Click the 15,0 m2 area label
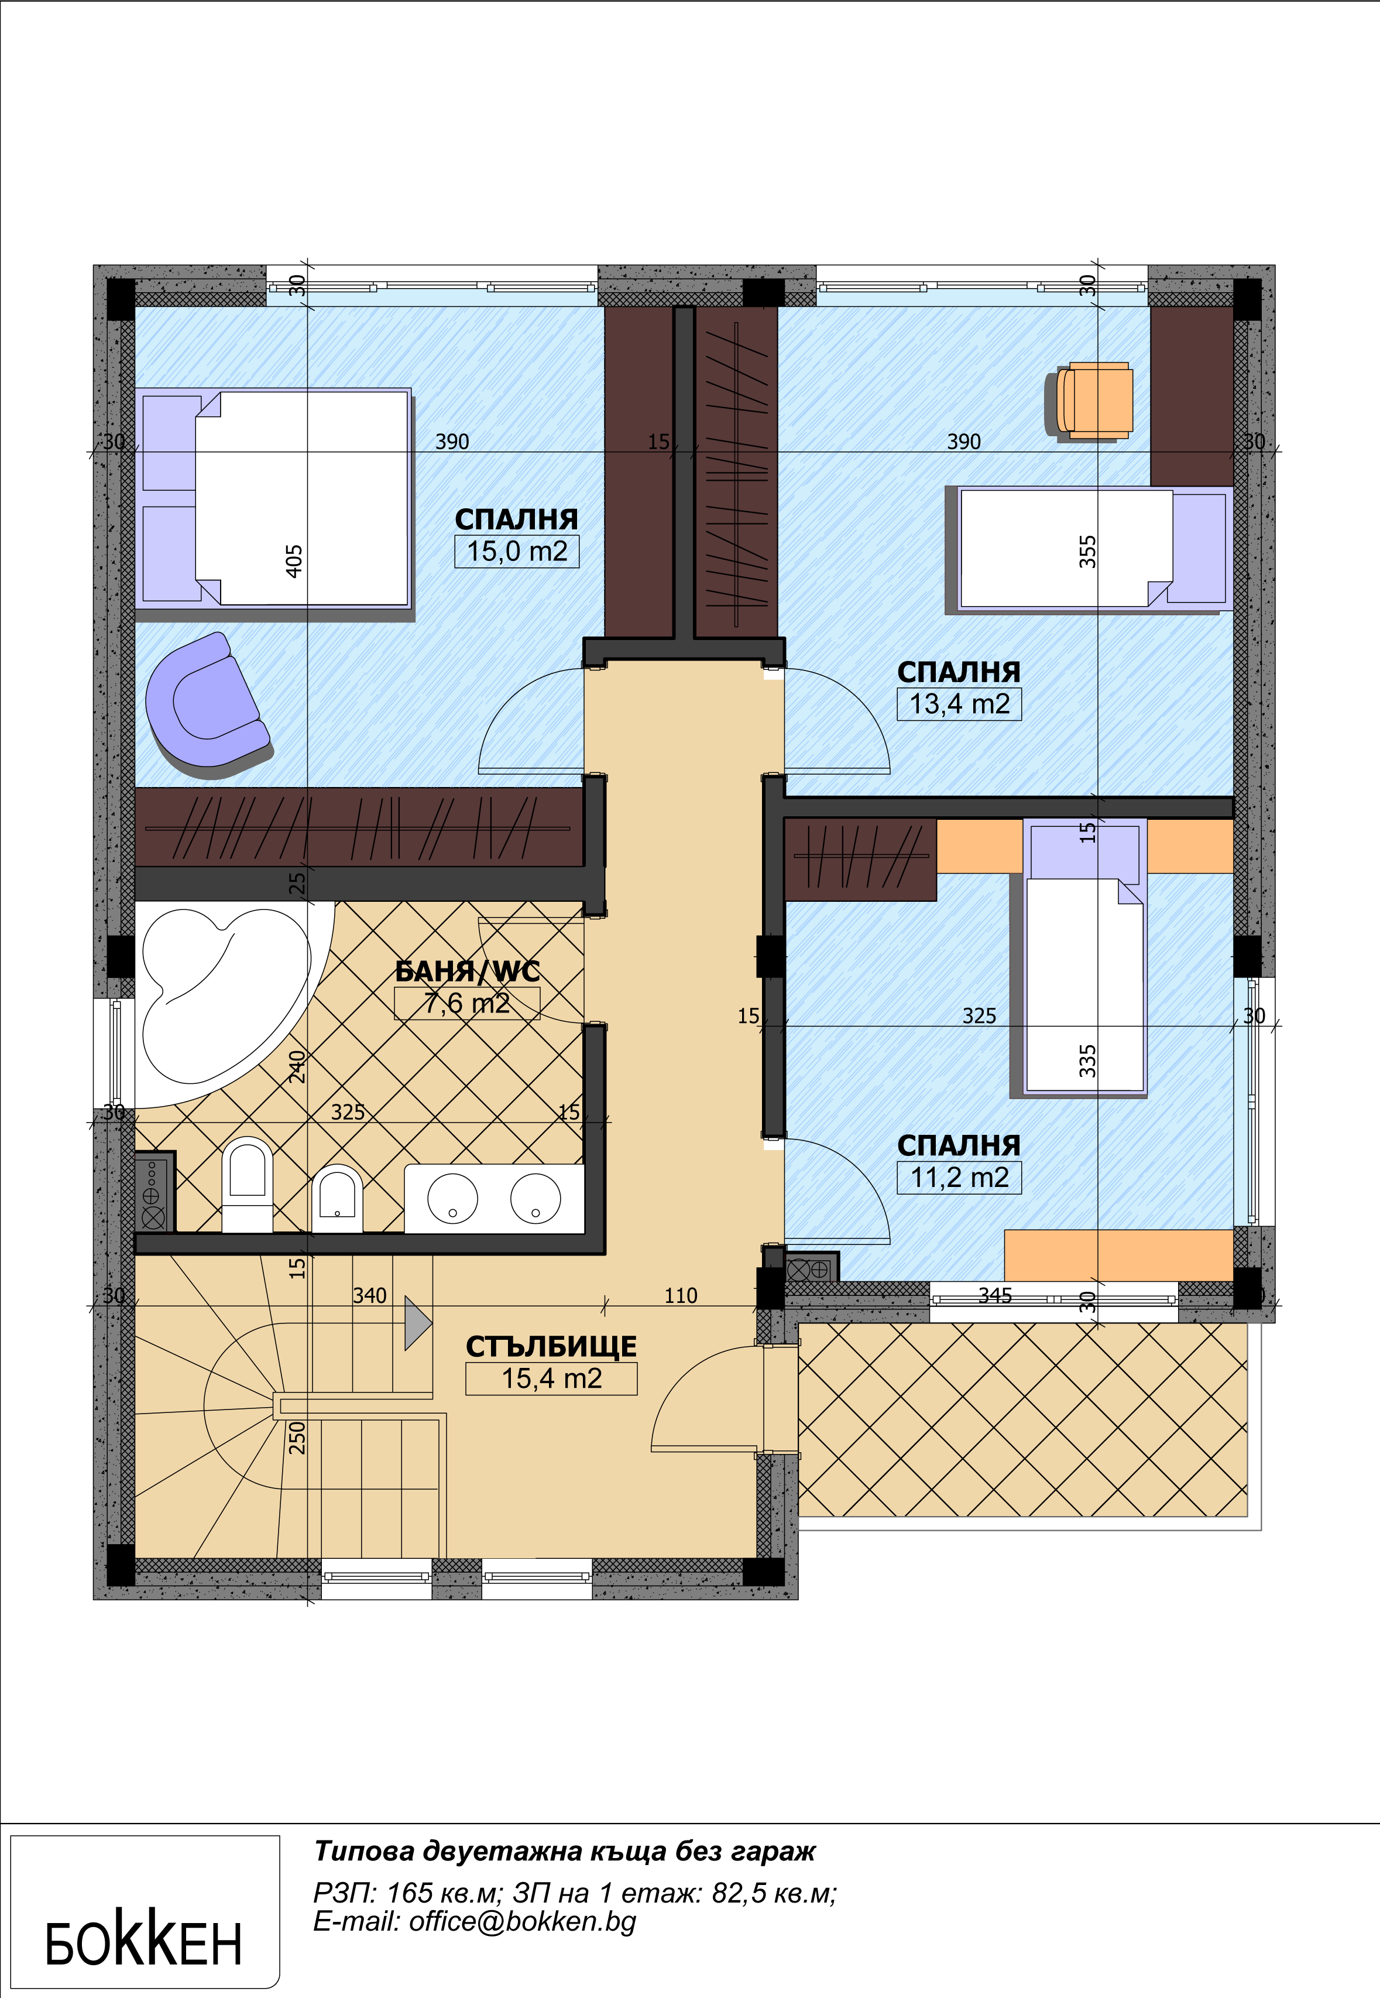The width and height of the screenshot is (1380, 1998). pos(517,551)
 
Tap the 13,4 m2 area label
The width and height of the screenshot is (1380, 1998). pos(960,703)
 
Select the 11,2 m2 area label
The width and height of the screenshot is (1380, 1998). pos(960,1177)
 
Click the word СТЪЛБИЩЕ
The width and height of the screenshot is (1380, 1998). pos(552,1347)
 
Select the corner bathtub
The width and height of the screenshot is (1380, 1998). pos(226,999)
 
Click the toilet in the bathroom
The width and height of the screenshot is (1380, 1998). pos(248,1183)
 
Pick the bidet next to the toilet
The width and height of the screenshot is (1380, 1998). pos(337,1198)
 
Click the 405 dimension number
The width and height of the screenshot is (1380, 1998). pos(294,562)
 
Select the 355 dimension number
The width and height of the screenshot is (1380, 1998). pos(1088,552)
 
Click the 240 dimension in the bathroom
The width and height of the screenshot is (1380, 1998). pos(297,1066)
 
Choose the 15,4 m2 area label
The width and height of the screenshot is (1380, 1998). pos(552,1378)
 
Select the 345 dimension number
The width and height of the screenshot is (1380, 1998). pos(995,1295)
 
